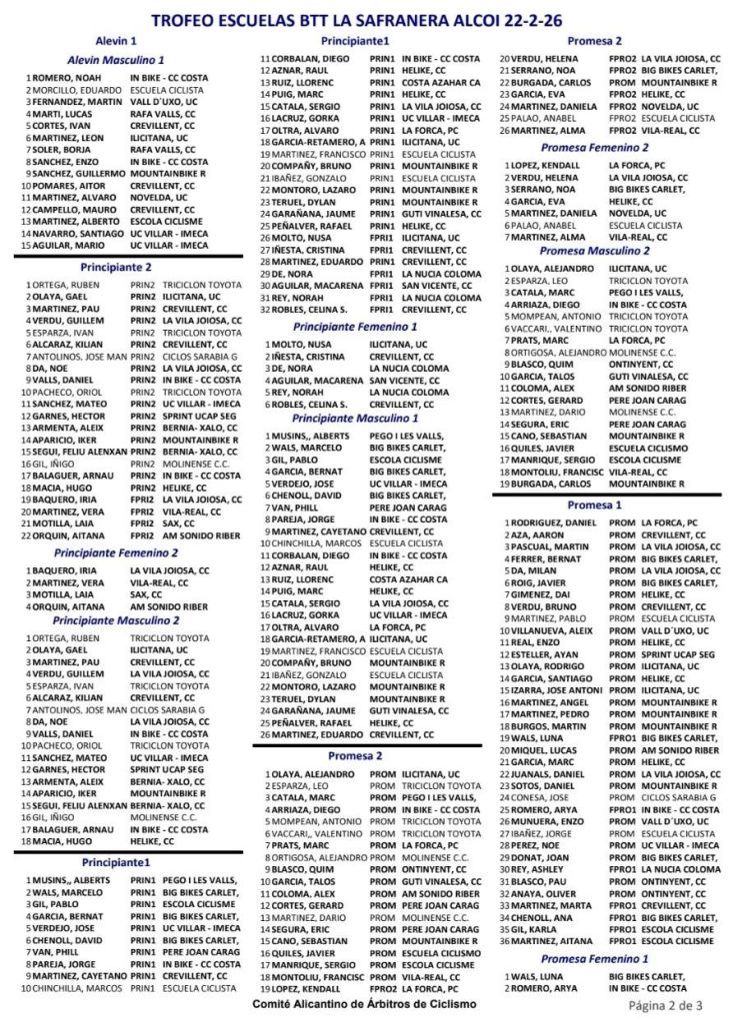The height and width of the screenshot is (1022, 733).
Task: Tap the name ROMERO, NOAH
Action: click(x=68, y=78)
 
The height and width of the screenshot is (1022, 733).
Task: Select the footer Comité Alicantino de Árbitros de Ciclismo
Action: click(x=364, y=1003)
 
